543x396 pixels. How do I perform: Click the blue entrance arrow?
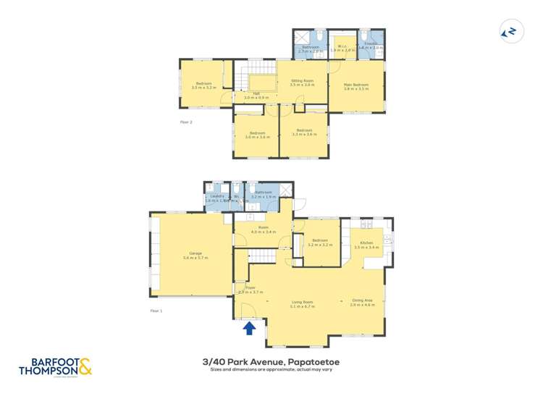click(249, 328)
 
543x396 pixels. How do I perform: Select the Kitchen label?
click(366, 243)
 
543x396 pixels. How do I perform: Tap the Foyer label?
click(251, 287)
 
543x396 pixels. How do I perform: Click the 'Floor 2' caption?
click(186, 122)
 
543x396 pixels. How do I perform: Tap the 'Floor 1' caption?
click(156, 310)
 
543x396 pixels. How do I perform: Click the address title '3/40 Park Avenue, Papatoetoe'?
click(271, 361)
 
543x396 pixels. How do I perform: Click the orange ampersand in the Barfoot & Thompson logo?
click(85, 366)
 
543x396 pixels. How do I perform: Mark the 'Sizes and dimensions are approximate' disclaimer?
click(271, 371)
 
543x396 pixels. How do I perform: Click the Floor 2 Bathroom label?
click(311, 47)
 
